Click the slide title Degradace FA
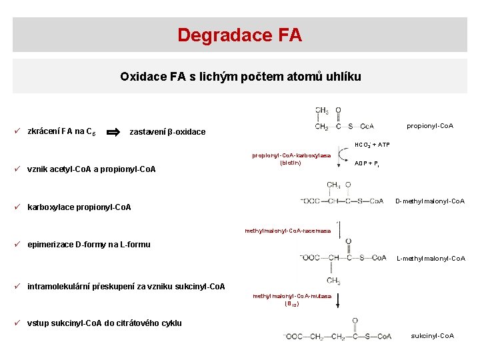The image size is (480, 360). [239, 35]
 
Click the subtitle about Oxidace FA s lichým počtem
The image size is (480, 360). [240, 77]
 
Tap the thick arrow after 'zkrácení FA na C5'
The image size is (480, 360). [114, 131]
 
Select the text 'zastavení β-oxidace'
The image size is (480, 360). [167, 132]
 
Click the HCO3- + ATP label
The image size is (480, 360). [372, 145]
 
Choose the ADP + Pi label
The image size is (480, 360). [367, 163]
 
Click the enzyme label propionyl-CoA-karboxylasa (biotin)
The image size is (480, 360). [291, 159]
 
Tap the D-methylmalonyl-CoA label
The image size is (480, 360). [430, 201]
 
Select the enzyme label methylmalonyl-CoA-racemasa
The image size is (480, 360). [287, 231]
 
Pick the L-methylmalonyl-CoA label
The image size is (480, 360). [431, 259]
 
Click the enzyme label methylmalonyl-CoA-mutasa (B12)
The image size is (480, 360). [292, 299]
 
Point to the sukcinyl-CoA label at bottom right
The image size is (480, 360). [433, 335]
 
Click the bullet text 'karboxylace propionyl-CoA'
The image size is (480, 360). [79, 207]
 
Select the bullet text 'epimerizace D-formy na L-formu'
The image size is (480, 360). [89, 244]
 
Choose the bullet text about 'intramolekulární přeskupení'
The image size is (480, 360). [126, 287]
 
